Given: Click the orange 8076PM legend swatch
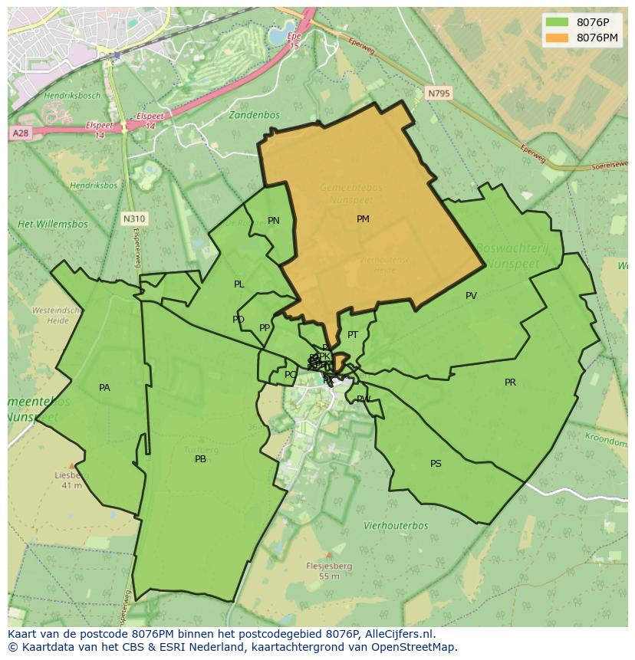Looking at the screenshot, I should click(x=557, y=38).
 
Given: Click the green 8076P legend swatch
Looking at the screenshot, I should click(x=557, y=22).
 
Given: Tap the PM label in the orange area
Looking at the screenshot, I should click(x=363, y=219).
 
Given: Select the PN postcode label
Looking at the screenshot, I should click(x=274, y=221).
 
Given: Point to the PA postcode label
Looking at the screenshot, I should click(x=104, y=388).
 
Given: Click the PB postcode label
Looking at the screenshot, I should click(x=200, y=460).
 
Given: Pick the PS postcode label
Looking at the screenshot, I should click(x=436, y=464).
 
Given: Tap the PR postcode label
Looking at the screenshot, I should click(x=510, y=383).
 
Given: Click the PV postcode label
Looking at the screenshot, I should click(x=471, y=296).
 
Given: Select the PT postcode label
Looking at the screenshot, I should click(x=353, y=335).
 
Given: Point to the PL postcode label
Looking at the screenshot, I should click(x=239, y=284).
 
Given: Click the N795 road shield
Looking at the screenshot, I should click(x=439, y=94).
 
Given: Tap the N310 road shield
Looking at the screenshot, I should click(x=133, y=219).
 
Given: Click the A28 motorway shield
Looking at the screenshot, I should click(x=20, y=133).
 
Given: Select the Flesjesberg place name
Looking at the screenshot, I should click(x=329, y=566).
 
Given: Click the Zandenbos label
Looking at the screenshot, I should click(x=254, y=115).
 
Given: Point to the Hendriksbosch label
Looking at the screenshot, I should click(x=72, y=96).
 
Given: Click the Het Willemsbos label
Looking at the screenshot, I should click(x=53, y=225).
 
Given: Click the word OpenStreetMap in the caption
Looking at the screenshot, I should click(x=416, y=647).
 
